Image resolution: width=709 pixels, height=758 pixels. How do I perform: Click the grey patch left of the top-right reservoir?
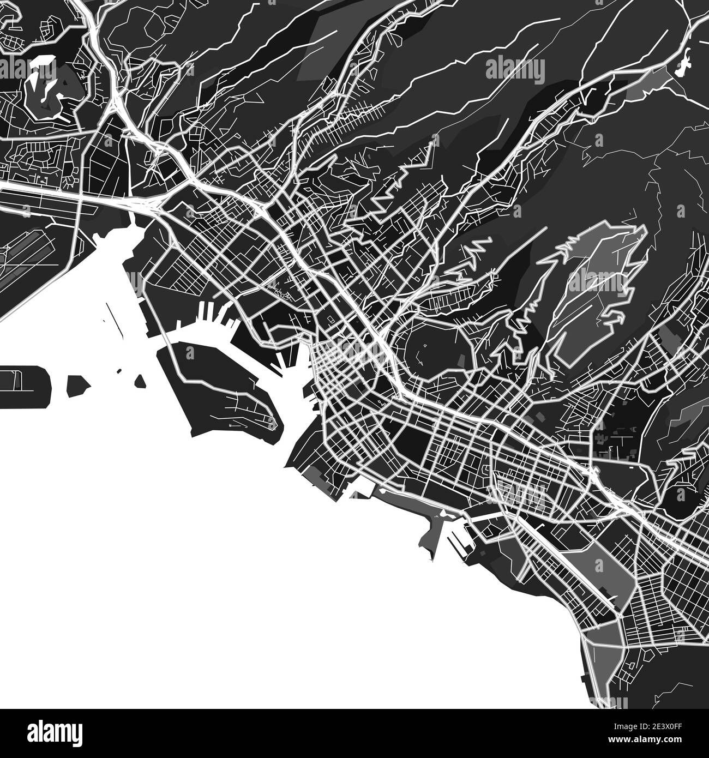(649, 82)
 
